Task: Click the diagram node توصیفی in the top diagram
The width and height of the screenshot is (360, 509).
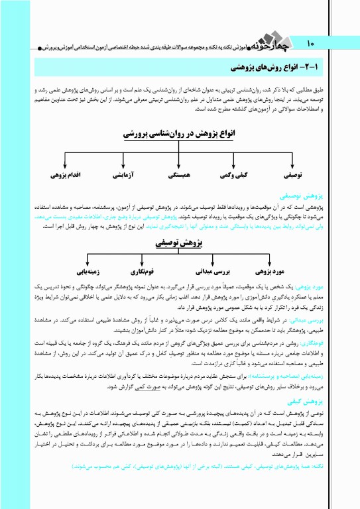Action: point(294,176)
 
